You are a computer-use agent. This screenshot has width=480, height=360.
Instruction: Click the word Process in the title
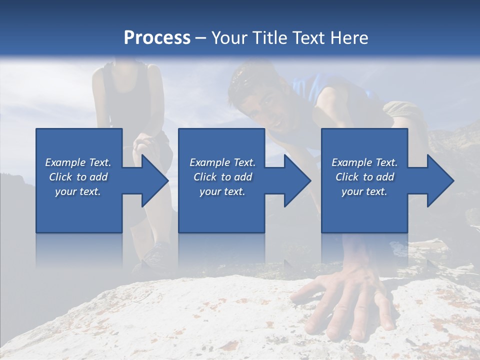157,38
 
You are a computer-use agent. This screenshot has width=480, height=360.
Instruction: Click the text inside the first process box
78,177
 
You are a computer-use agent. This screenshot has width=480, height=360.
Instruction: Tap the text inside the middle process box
222,177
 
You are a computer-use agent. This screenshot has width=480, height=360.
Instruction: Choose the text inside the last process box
364,177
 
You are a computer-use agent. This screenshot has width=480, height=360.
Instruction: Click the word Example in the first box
65,162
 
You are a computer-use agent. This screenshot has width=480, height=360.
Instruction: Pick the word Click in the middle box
204,177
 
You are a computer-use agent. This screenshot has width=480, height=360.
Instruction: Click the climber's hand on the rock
345,305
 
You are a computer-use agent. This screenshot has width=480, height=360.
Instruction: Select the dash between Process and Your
201,38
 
